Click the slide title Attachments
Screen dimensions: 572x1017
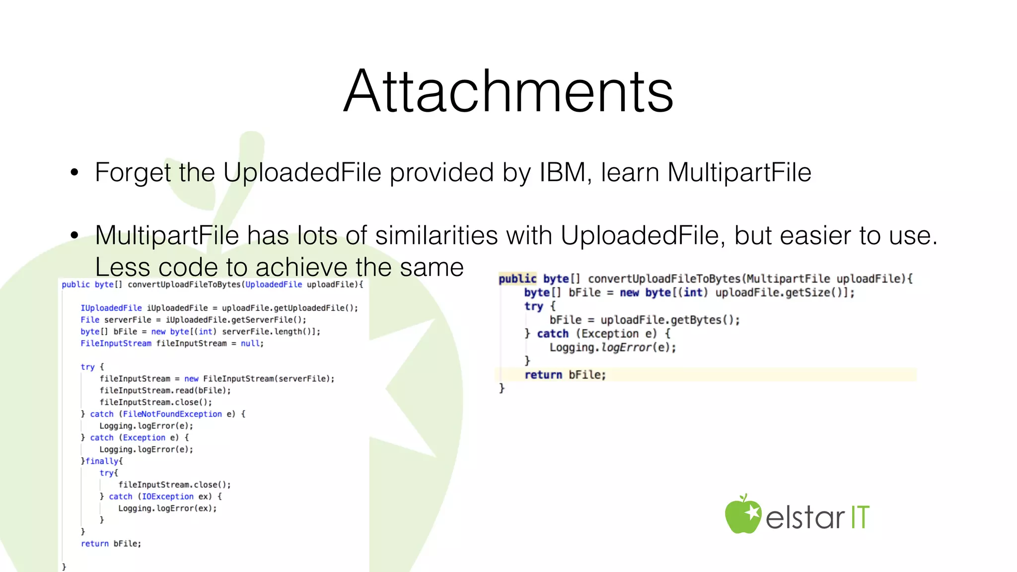click(x=508, y=92)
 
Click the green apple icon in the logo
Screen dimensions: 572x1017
click(x=742, y=515)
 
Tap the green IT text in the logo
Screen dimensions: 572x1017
click(x=860, y=517)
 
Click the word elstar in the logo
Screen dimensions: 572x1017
click(x=804, y=517)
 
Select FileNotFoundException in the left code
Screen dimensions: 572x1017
click(x=172, y=414)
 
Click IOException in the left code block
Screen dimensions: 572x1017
click(x=168, y=497)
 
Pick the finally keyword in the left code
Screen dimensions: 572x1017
click(x=102, y=461)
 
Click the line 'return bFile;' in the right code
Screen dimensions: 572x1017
click(x=565, y=375)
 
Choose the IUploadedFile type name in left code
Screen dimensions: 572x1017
click(x=111, y=308)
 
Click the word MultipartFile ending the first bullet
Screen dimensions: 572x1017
click(x=739, y=173)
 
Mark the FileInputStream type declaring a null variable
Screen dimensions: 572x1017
click(x=116, y=344)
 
